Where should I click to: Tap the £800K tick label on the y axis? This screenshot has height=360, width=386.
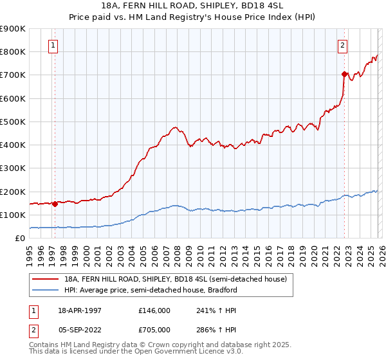point(13,51)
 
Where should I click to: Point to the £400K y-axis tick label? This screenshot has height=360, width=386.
point(13,145)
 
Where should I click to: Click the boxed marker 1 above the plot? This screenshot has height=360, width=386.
point(53,45)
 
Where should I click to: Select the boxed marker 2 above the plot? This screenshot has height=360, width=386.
point(343,45)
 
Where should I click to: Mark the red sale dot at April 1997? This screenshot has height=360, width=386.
point(55,204)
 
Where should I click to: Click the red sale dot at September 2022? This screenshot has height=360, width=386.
point(345,74)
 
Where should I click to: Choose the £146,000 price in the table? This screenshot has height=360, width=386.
point(154,310)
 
